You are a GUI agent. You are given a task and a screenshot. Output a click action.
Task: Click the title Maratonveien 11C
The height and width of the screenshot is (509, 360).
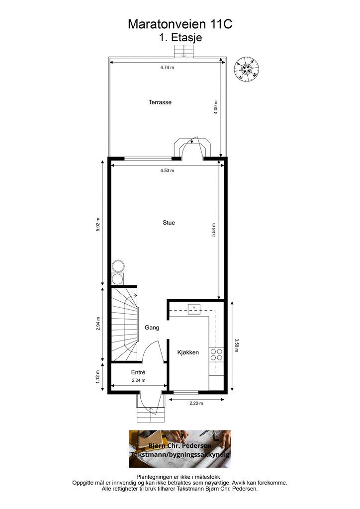[x=180, y=24]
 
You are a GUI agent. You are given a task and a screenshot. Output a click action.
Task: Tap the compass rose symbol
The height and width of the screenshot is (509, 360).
[x=247, y=69]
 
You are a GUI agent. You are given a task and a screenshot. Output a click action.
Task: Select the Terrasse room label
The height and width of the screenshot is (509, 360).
[x=160, y=102]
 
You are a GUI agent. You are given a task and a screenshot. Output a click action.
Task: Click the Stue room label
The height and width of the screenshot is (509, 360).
[x=169, y=223]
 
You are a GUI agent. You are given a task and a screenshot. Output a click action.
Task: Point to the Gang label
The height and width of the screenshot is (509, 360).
[x=152, y=328]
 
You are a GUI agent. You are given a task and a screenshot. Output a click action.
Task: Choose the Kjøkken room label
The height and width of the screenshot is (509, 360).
[x=188, y=352]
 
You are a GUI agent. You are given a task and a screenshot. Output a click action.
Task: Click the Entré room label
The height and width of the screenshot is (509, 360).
[x=138, y=372]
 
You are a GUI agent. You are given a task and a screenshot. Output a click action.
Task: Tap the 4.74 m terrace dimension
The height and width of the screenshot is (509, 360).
[x=167, y=68]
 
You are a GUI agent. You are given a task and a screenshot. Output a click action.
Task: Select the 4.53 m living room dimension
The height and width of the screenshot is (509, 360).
[x=167, y=170]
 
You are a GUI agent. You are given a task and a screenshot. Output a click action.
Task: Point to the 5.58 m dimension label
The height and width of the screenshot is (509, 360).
[x=214, y=230]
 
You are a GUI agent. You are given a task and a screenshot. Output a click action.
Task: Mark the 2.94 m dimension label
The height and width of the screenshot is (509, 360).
[x=98, y=323]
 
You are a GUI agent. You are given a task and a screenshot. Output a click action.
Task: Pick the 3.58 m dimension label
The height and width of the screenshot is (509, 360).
[x=237, y=345]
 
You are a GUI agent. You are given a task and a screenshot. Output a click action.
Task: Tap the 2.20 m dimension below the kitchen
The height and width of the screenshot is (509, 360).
[x=196, y=404]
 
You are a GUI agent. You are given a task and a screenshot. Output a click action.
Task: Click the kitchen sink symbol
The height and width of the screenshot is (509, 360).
[x=194, y=309]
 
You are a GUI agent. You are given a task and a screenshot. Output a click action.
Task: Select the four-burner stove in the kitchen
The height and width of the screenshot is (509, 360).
[x=216, y=354]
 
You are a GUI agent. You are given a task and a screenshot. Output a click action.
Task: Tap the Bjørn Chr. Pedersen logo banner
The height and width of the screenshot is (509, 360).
[x=180, y=449]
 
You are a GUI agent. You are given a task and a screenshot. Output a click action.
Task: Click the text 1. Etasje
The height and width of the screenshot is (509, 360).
[x=180, y=38]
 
